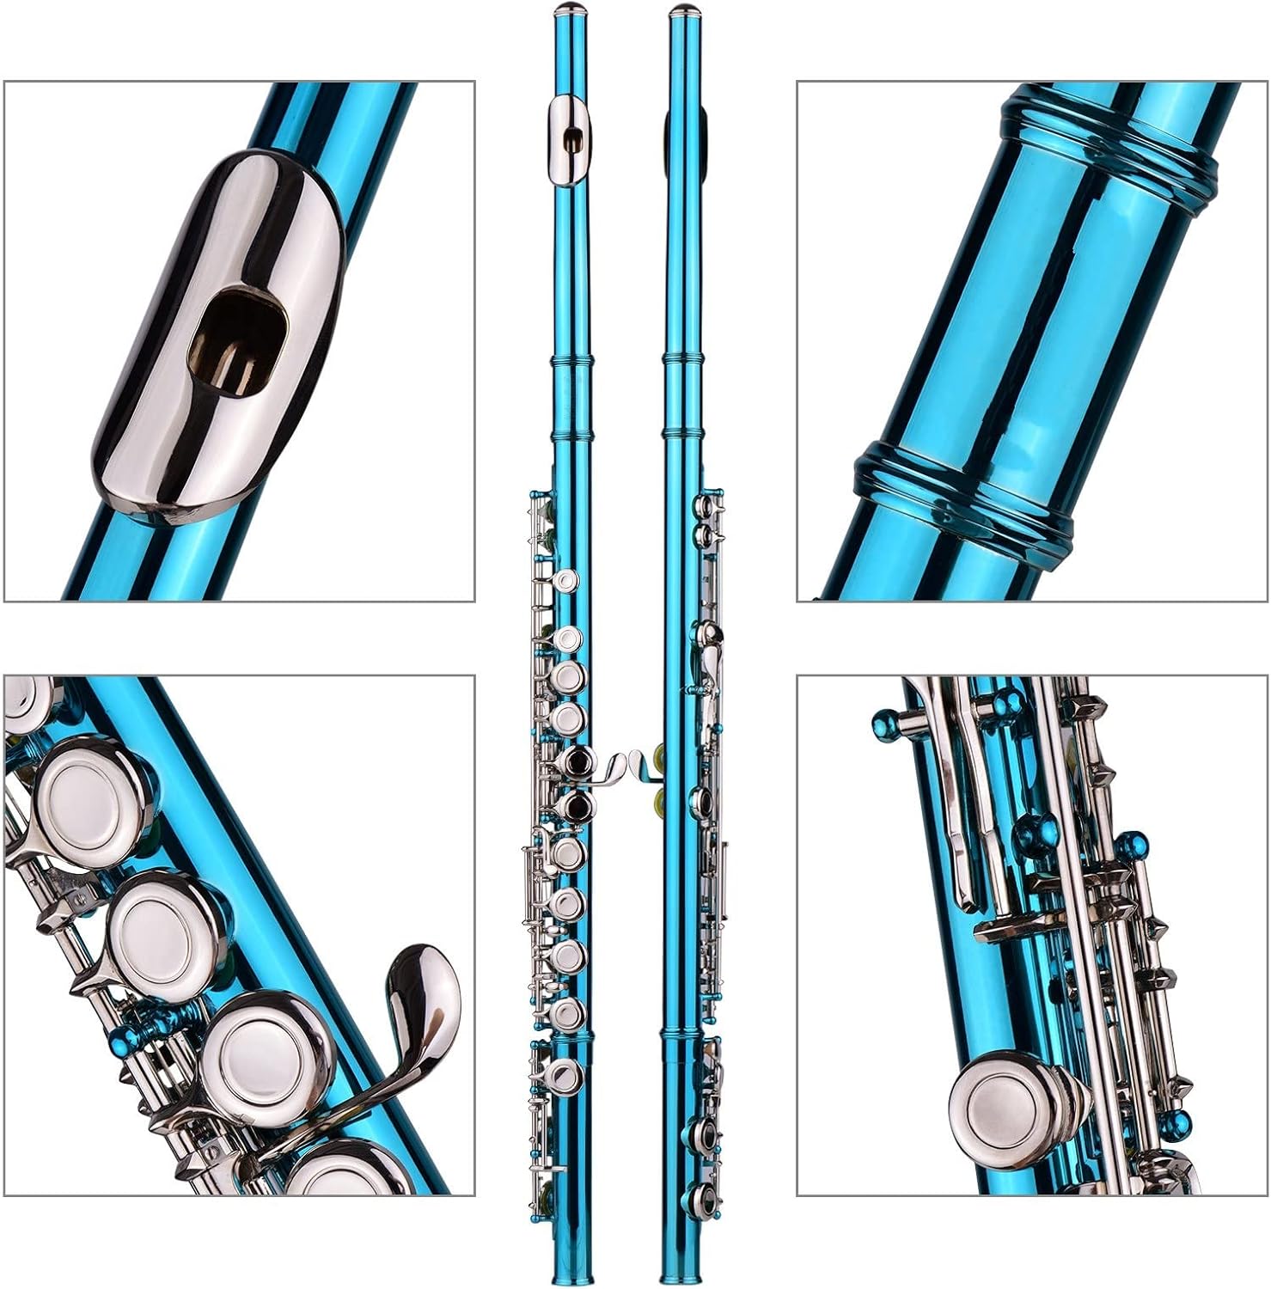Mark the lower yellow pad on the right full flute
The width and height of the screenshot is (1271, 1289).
(660, 805)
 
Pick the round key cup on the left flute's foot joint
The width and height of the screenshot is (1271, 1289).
(565, 1075)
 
